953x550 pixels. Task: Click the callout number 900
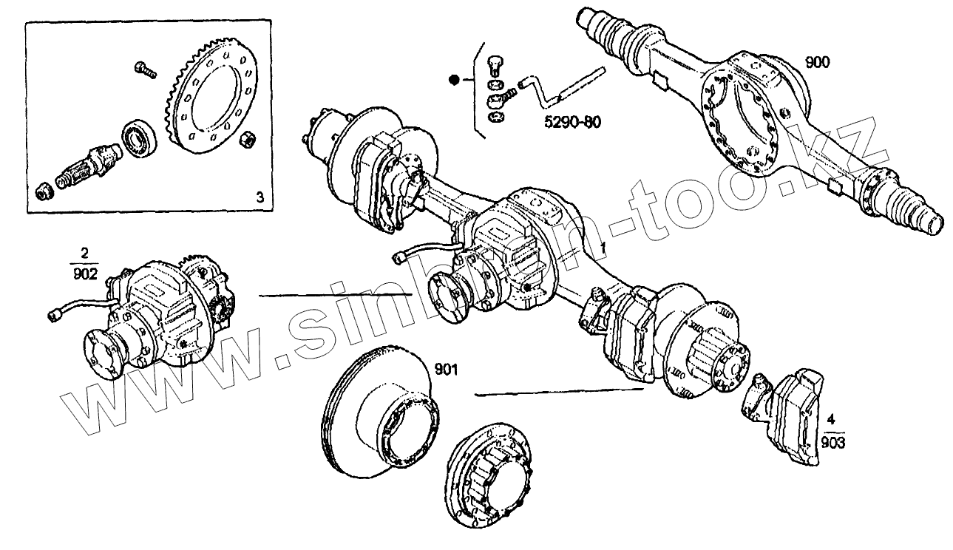tap(817, 62)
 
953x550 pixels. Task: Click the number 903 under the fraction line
tap(832, 443)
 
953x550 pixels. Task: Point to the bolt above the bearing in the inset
tap(143, 70)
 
